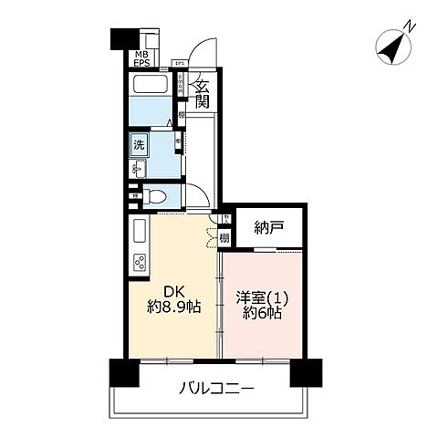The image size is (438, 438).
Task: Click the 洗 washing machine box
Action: click(139, 144)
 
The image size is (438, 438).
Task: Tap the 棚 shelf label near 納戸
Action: click(224, 236)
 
